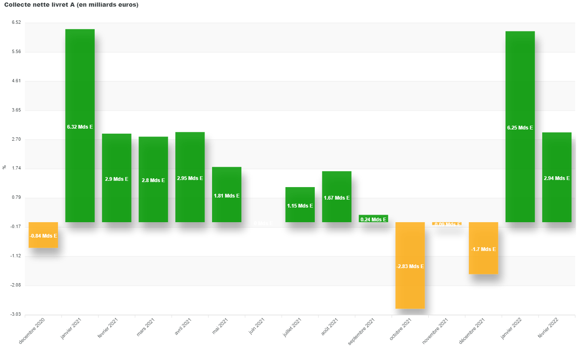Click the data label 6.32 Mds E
point(80,127)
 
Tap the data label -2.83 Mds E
point(410,266)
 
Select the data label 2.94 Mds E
point(556,178)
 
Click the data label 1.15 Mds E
point(300,205)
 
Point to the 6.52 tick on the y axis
point(15,23)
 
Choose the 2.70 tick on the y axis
point(15,139)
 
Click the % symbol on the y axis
point(5,167)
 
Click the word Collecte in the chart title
point(17,5)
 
